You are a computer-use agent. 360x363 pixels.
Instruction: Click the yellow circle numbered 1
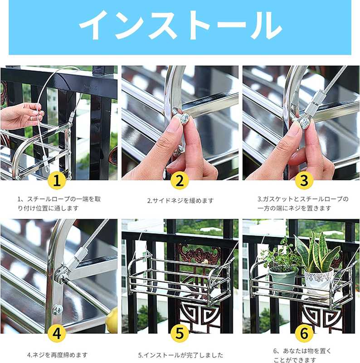click(x=57, y=181)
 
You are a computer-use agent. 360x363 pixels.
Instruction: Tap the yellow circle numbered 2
click(x=180, y=181)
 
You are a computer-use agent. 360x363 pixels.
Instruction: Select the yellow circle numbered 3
click(x=304, y=181)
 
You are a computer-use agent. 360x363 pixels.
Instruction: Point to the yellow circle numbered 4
click(x=57, y=334)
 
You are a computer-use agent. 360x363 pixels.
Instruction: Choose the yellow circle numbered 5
click(x=180, y=334)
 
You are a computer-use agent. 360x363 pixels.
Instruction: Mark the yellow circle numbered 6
click(x=304, y=334)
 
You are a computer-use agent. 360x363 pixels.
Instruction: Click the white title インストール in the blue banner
click(x=180, y=25)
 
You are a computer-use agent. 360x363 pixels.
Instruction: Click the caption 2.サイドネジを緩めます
click(x=180, y=201)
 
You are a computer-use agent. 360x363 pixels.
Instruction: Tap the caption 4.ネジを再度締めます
click(x=58, y=355)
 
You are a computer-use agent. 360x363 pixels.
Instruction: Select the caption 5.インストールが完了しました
click(x=181, y=355)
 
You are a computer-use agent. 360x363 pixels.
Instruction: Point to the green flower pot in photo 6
click(x=282, y=279)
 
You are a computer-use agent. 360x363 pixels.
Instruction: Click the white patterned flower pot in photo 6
click(x=318, y=281)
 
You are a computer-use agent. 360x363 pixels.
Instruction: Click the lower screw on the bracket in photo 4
click(x=58, y=310)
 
